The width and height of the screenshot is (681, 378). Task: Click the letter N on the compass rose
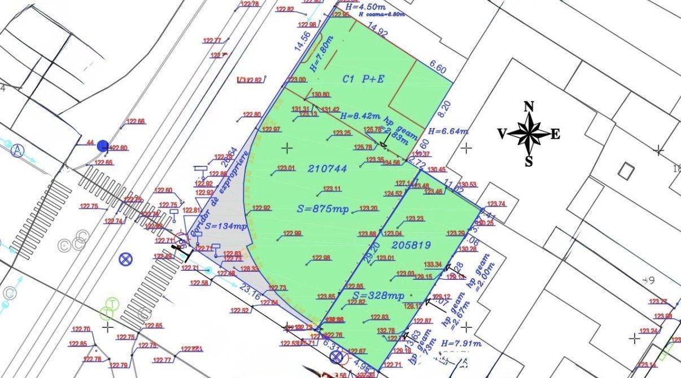[529, 107]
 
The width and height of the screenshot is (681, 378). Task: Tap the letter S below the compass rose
[529, 161]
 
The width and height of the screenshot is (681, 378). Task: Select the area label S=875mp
[323, 209]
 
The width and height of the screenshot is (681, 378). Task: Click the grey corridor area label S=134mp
[226, 227]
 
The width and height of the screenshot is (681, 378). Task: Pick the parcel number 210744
[327, 168]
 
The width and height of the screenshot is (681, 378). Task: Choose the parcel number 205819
[410, 245]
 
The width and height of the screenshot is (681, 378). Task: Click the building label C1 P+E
[363, 79]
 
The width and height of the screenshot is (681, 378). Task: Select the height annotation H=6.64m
[448, 131]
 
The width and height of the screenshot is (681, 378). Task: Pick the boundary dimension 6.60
[438, 69]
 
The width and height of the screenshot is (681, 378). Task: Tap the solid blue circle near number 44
[103, 146]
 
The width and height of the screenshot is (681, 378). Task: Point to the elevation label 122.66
[136, 121]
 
